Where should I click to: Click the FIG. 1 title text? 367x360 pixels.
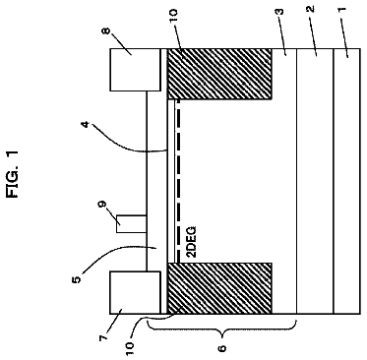[13, 174]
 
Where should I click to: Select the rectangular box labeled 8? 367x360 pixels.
[136, 70]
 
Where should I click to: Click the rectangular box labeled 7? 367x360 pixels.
[135, 292]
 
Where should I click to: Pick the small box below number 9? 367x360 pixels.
[132, 224]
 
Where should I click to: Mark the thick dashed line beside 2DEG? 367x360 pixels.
[178, 181]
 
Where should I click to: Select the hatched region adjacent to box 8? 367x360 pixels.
[219, 74]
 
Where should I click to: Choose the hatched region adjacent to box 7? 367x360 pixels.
[219, 288]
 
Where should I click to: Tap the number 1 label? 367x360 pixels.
[341, 9]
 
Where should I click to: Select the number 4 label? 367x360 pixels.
[87, 125]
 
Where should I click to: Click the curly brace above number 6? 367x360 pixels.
[222, 328]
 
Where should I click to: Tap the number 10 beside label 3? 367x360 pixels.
[173, 16]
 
